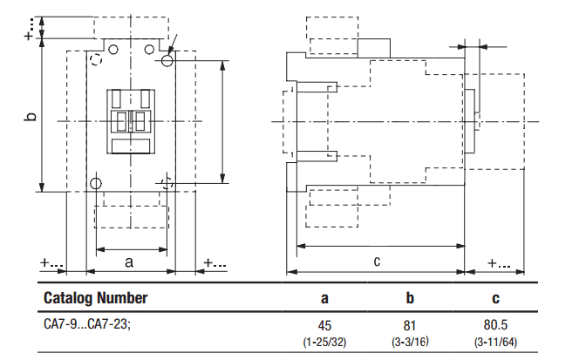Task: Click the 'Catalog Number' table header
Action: coord(95,298)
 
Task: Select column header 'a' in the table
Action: coord(324,298)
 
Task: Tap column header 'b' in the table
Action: coord(410,297)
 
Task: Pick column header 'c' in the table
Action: coord(495,298)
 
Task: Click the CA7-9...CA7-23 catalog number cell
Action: coord(87,323)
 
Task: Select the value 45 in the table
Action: coord(324,326)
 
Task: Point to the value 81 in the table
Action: coord(410,326)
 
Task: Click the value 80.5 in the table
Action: coord(495,325)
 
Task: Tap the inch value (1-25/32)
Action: coord(324,342)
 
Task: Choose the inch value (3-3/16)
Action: coord(410,342)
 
